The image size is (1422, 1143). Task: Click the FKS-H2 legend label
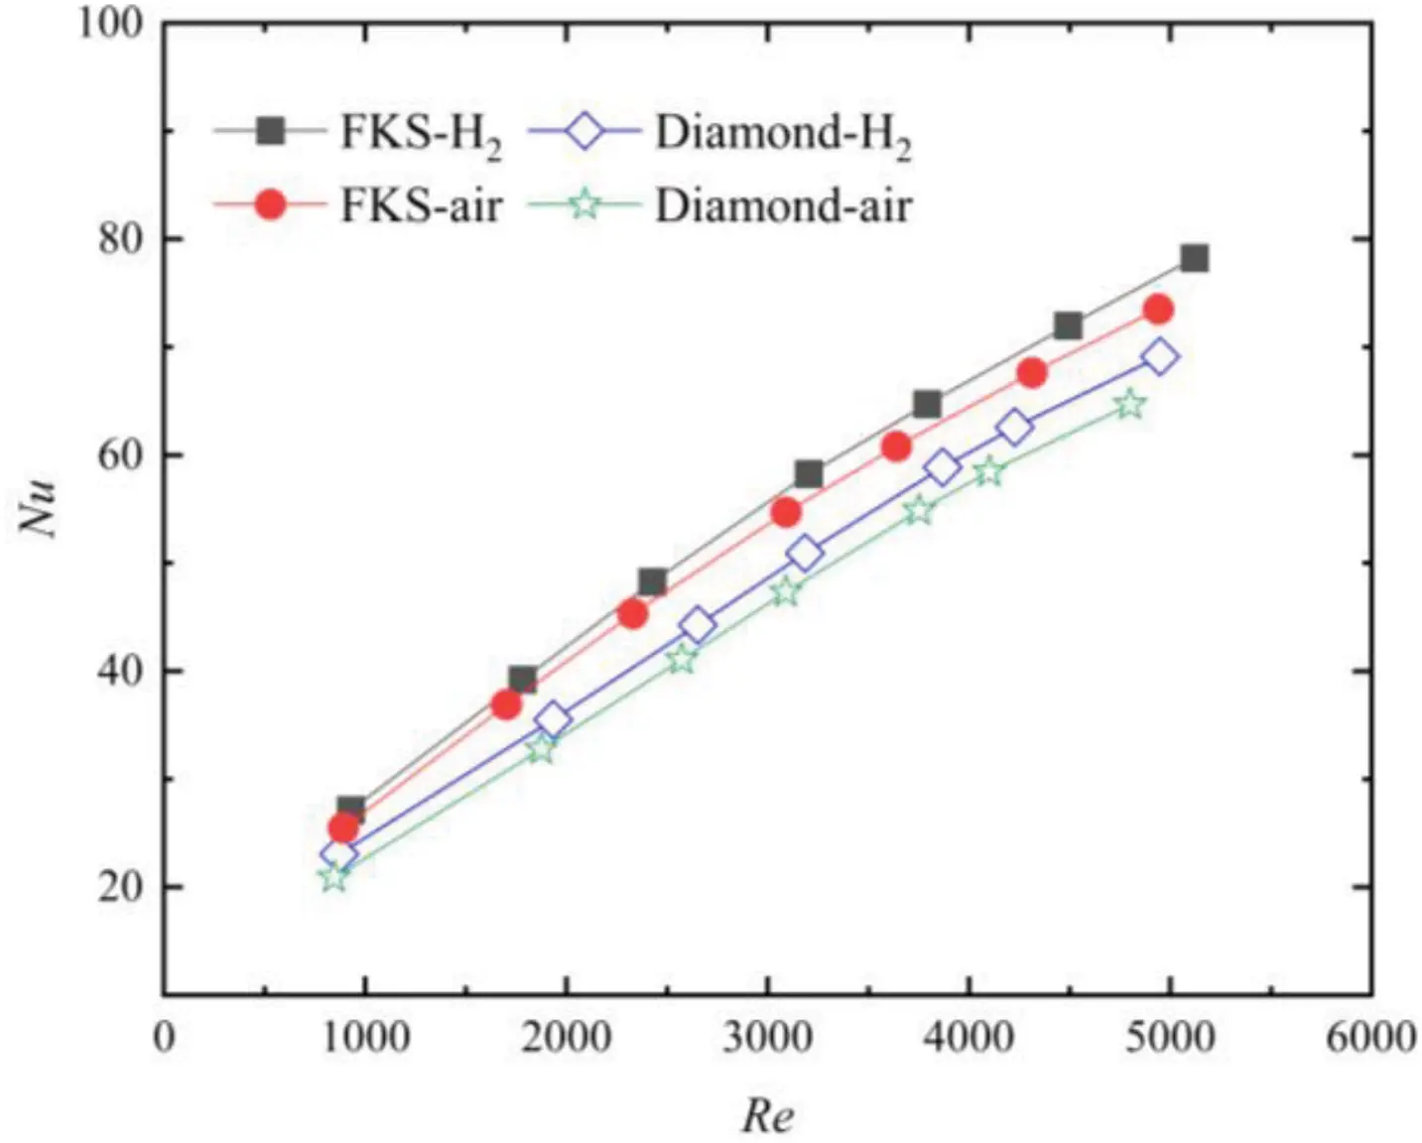coord(421,135)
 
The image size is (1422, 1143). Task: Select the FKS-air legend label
coord(421,206)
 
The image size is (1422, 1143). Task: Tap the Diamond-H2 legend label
coord(782,135)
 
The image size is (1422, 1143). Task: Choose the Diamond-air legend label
coord(782,206)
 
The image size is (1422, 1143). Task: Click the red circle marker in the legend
coord(270,205)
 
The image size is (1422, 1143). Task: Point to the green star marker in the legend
coord(585,205)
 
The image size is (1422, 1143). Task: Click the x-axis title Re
coord(768,1116)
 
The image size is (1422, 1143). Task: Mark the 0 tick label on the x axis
coord(164,1038)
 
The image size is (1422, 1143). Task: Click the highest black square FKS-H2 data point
coord(1194,259)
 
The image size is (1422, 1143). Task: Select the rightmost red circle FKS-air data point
coord(1158,310)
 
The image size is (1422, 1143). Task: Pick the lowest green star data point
coord(334,877)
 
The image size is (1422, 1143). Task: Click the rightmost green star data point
coord(1129,405)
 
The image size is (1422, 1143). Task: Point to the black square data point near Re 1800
coord(523,680)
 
